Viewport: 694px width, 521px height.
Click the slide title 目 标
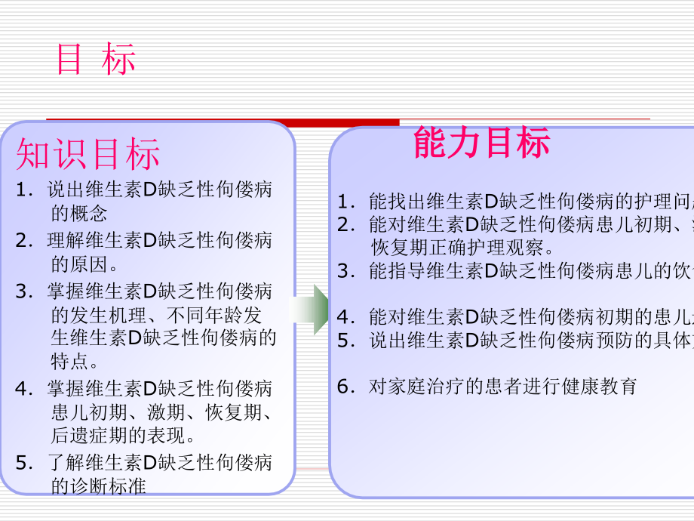96,60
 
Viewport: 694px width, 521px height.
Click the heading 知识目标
88,155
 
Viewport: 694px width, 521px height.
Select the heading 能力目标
481,143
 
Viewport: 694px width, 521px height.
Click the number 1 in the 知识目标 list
21,191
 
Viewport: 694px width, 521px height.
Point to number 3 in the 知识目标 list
21,291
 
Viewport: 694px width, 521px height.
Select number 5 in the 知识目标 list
21,462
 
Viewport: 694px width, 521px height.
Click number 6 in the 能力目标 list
345,387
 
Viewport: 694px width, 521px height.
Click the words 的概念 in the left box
79,213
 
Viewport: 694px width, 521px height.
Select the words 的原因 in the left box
79,264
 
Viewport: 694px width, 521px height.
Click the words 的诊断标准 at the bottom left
97,486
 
